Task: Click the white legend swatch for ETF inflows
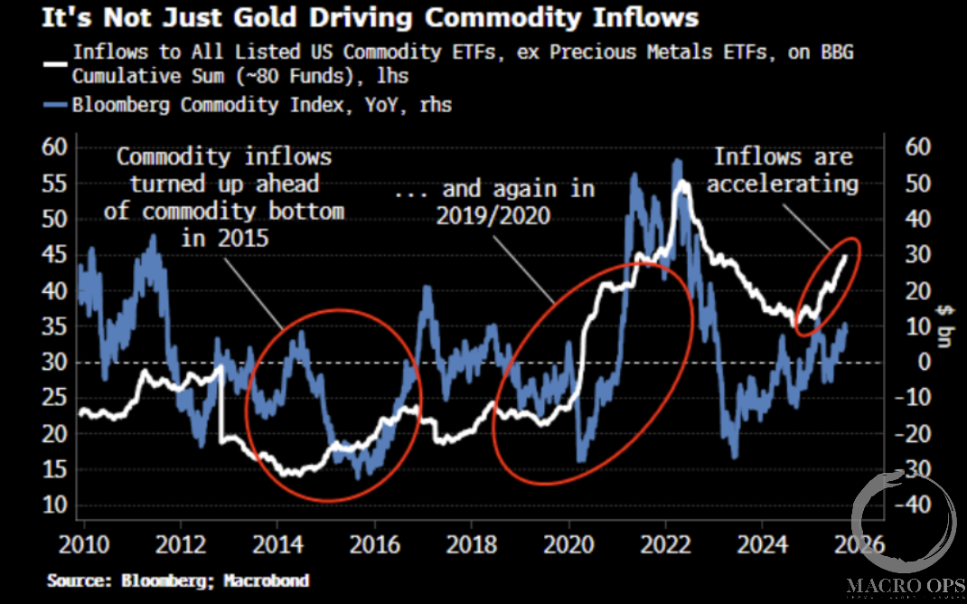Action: [x=57, y=63]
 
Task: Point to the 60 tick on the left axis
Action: [x=55, y=147]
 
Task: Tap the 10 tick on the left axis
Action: [x=55, y=505]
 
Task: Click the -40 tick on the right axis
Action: [x=912, y=505]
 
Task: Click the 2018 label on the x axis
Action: [x=472, y=545]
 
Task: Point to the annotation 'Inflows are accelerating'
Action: [x=783, y=170]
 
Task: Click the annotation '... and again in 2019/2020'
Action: [x=495, y=202]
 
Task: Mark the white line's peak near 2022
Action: [x=683, y=183]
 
